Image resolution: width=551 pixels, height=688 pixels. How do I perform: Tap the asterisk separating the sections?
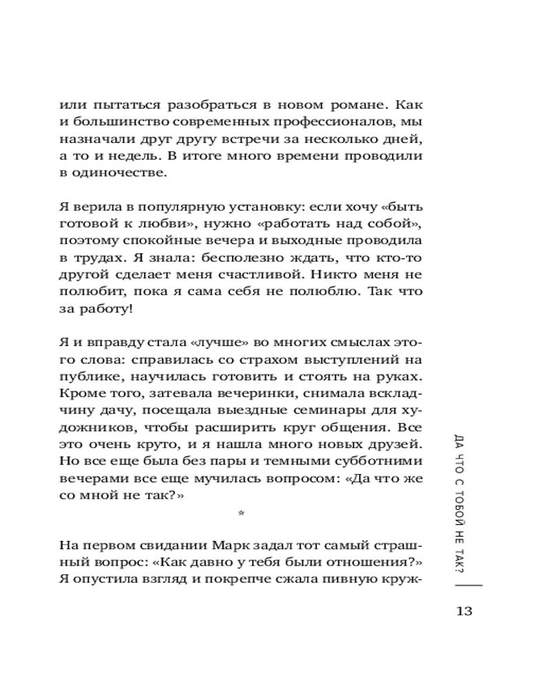pyautogui.click(x=240, y=513)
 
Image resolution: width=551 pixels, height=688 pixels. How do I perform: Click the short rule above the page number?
pyautogui.click(x=469, y=585)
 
